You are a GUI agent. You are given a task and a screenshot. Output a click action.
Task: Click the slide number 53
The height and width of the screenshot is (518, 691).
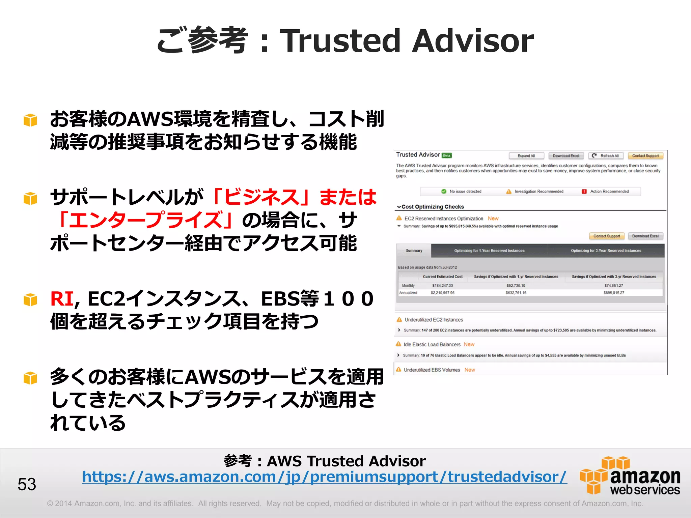(x=27, y=484)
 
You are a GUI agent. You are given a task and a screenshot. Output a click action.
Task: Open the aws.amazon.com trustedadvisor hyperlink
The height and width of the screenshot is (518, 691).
(x=324, y=477)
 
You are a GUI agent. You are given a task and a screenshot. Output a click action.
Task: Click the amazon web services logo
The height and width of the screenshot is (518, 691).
(x=630, y=476)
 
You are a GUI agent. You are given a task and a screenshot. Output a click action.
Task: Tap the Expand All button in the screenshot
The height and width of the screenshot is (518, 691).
(x=526, y=156)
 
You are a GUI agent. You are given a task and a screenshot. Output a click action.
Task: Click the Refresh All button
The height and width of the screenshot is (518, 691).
(x=606, y=156)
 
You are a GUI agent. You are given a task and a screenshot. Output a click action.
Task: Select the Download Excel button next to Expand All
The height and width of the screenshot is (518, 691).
(x=566, y=156)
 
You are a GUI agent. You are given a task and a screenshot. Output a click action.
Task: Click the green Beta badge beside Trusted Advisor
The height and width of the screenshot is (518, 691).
(x=447, y=155)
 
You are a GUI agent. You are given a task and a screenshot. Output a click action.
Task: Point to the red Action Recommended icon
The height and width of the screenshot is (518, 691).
(x=584, y=192)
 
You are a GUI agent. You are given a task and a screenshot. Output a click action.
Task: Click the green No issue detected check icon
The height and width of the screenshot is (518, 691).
(x=444, y=192)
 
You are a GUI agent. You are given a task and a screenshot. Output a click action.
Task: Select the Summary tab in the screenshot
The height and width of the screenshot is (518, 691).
(x=414, y=251)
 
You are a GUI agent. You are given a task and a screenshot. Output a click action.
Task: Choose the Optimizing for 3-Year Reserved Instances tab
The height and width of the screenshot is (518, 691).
(x=606, y=251)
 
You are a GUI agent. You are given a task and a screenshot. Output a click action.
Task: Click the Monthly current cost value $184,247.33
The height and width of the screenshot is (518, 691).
(x=443, y=286)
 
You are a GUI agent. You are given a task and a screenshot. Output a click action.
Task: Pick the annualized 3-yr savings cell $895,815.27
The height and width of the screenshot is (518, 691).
(x=614, y=293)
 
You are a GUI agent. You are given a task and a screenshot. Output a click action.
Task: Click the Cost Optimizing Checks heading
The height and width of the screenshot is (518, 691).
(x=433, y=207)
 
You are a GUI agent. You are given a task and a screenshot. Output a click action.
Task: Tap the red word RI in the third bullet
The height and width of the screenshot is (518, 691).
(x=62, y=299)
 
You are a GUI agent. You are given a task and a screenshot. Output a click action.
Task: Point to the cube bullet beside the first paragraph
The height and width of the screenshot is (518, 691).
(x=30, y=120)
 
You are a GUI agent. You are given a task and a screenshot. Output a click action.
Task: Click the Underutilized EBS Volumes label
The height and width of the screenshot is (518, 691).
(x=432, y=370)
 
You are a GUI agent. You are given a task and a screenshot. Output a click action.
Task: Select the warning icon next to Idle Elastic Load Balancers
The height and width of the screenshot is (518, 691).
(x=398, y=344)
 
